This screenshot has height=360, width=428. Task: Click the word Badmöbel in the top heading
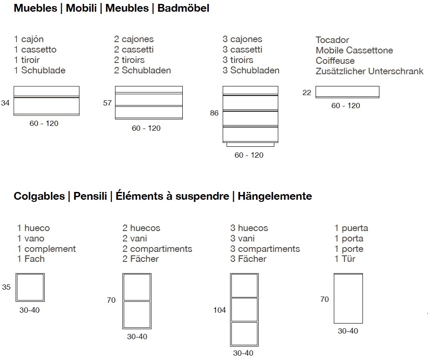click(183, 8)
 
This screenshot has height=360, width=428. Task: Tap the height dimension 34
click(5, 103)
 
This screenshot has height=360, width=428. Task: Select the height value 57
click(107, 103)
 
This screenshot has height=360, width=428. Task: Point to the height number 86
click(214, 113)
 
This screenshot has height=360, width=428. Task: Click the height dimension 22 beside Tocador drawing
click(307, 92)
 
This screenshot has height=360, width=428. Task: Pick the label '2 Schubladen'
click(143, 70)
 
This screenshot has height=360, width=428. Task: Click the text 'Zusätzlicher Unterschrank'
click(369, 71)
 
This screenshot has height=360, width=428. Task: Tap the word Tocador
click(332, 40)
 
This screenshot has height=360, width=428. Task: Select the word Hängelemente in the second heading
click(275, 196)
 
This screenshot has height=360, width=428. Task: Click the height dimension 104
click(220, 310)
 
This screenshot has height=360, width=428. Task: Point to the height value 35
click(6, 287)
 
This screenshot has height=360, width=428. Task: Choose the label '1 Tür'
click(345, 259)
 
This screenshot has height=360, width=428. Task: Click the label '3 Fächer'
click(248, 259)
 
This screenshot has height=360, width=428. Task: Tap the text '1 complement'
click(46, 249)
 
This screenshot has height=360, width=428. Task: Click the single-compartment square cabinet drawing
click(30, 287)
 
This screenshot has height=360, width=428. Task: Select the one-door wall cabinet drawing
click(348, 298)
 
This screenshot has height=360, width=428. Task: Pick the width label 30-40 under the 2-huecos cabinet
click(137, 337)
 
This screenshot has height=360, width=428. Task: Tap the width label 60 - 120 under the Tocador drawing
click(346, 106)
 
